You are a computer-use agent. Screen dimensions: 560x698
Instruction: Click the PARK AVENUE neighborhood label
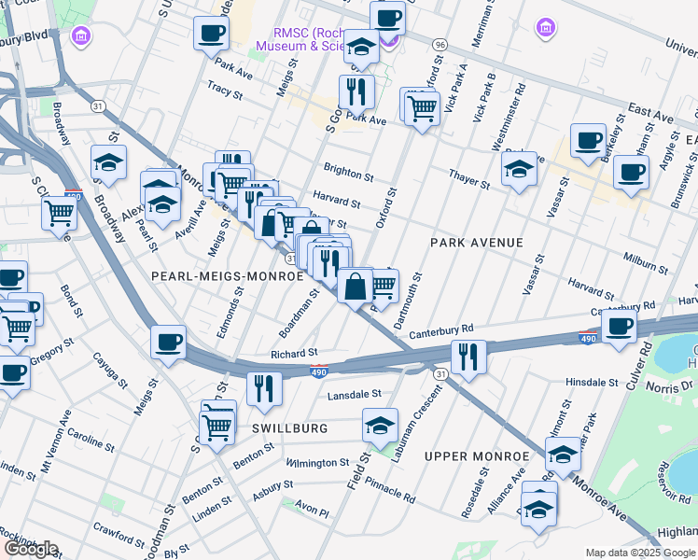pyautogui.click(x=476, y=243)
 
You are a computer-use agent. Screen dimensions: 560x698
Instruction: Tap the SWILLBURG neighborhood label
pyautogui.click(x=288, y=427)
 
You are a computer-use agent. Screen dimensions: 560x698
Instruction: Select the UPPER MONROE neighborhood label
pyautogui.click(x=476, y=456)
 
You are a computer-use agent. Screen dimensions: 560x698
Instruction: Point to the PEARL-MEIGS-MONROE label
pyautogui.click(x=228, y=276)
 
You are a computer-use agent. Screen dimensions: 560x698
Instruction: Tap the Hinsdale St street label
pyautogui.click(x=593, y=383)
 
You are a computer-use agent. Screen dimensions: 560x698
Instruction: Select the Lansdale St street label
pyautogui.click(x=355, y=395)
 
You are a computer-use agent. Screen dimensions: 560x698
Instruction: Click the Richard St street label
pyautogui.click(x=295, y=354)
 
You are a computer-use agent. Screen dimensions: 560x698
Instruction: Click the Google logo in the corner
pyautogui.click(x=31, y=549)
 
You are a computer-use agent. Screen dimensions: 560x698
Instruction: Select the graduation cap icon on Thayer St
pyautogui.click(x=519, y=169)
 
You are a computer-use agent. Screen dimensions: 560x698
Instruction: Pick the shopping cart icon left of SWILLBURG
pyautogui.click(x=218, y=427)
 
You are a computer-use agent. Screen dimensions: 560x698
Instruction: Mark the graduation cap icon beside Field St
pyautogui.click(x=380, y=426)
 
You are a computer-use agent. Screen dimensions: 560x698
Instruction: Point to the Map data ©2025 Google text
pyautogui.click(x=640, y=553)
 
